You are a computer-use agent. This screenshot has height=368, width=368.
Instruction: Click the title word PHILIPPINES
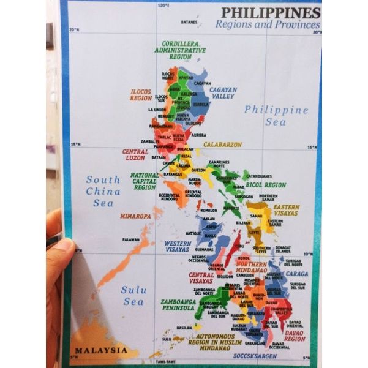coord(270,12)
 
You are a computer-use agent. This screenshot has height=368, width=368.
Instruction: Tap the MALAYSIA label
coord(101,350)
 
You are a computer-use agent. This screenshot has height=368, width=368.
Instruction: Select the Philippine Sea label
coord(276,115)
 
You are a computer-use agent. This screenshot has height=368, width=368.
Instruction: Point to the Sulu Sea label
coord(133,295)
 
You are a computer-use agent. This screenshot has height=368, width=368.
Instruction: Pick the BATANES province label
coord(189,23)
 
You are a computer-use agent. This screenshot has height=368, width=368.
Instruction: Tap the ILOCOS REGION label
coord(141,94)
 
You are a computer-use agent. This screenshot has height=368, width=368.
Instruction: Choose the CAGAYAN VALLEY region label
coord(223,92)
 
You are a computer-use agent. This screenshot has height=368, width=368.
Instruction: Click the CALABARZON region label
coord(223,145)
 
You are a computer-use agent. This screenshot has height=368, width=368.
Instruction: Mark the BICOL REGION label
coord(266,184)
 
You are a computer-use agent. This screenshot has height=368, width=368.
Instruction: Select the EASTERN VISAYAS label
coord(286,210)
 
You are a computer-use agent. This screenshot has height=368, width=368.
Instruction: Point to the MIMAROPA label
coord(135,216)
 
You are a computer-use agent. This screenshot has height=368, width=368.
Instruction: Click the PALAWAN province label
coord(130,239)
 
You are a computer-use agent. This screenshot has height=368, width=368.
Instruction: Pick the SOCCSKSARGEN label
coord(255,355)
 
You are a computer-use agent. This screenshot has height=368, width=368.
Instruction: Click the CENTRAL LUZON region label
coord(135,154)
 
